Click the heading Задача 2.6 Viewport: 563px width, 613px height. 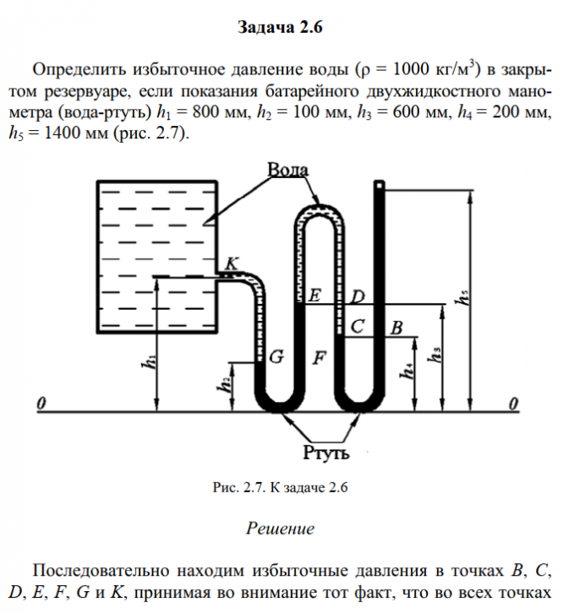click(x=281, y=28)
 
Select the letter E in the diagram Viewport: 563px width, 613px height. click(x=314, y=296)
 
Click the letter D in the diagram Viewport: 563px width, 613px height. click(x=358, y=296)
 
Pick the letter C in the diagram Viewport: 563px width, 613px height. click(x=358, y=327)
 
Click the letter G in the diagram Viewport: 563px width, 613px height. click(x=276, y=357)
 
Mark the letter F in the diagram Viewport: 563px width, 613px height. click(x=319, y=357)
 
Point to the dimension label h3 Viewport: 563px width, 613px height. click(x=435, y=354)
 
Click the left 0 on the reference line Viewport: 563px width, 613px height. click(x=41, y=404)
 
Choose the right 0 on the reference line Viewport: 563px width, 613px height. click(x=513, y=404)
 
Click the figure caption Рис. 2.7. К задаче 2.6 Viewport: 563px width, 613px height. click(x=281, y=487)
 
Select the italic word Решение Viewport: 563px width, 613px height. click(x=280, y=529)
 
